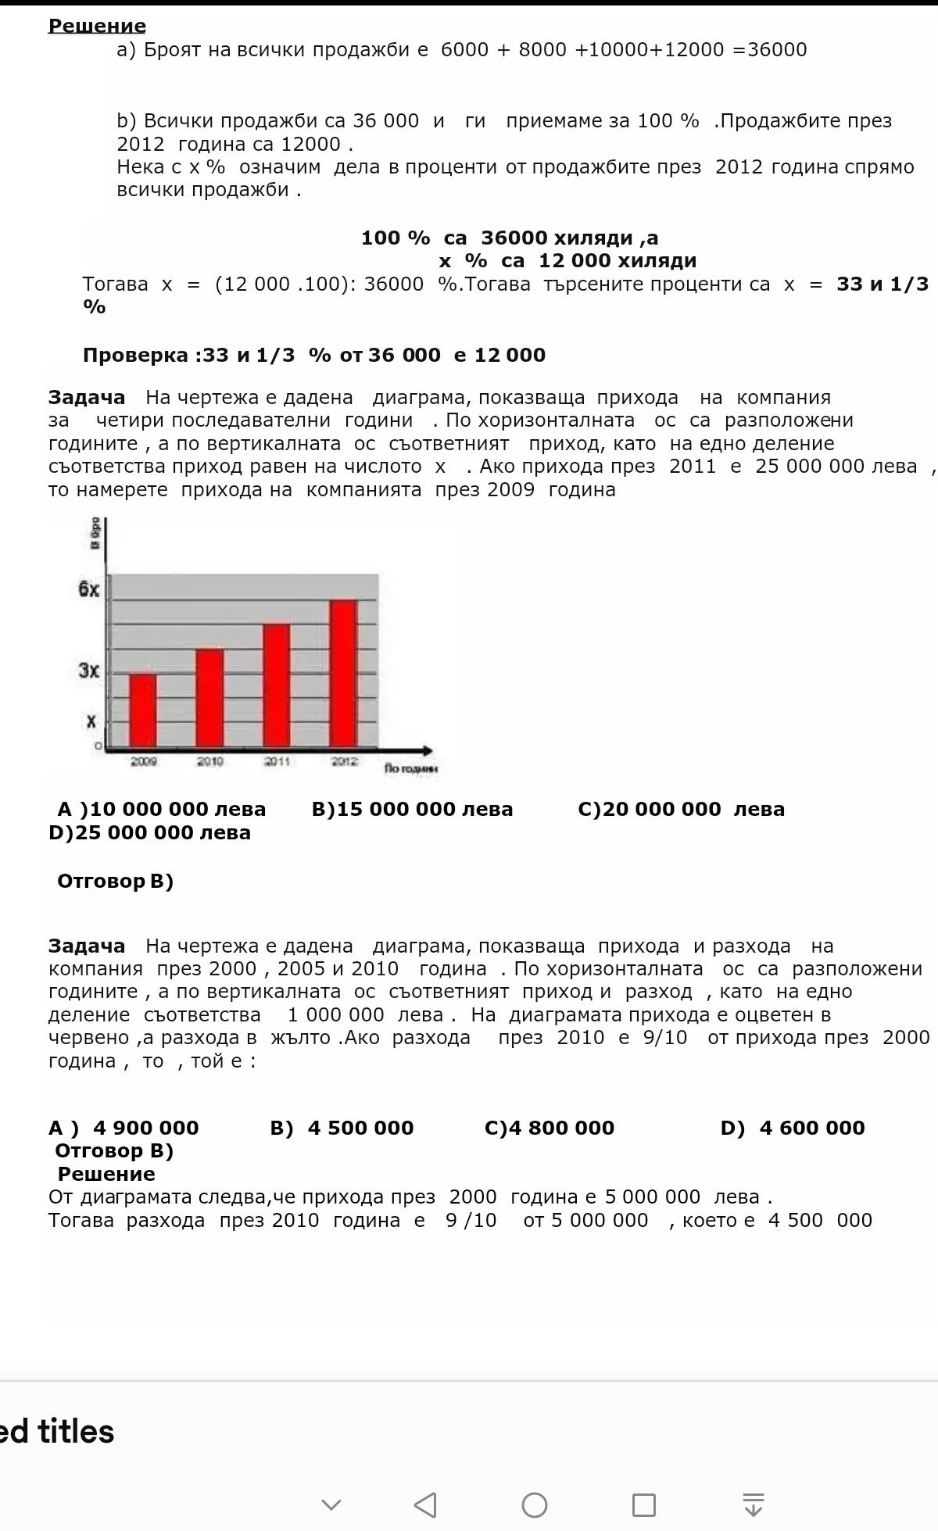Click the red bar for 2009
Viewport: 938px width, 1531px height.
(142, 709)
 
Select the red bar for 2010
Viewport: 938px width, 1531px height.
(209, 697)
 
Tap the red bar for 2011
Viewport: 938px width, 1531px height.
(276, 685)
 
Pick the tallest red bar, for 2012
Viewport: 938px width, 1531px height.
(343, 673)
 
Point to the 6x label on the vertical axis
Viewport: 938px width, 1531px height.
(89, 589)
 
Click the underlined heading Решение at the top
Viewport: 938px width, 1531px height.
(97, 26)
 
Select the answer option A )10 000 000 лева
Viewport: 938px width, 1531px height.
(162, 809)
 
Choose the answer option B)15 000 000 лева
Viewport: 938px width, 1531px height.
(412, 809)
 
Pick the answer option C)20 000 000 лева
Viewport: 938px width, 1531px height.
(681, 809)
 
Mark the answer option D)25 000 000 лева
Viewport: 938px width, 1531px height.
(149, 832)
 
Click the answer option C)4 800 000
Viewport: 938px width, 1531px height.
(550, 1128)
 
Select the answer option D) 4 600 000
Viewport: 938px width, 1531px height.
(793, 1128)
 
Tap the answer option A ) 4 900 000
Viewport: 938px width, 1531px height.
(124, 1128)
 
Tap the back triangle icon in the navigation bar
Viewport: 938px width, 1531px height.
(425, 1504)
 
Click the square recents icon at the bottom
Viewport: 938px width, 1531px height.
(643, 1504)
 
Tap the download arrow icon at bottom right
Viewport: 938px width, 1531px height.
(753, 1504)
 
